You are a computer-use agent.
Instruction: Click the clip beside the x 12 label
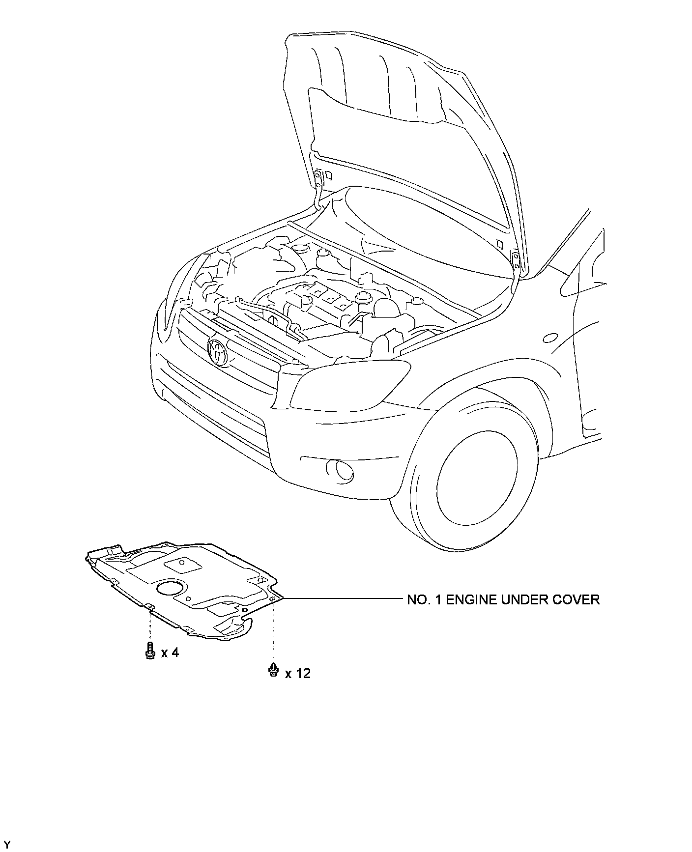point(274,670)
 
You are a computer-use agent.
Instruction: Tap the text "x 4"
point(170,653)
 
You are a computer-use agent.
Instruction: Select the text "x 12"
point(298,673)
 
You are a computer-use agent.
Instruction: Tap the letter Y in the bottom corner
point(7,845)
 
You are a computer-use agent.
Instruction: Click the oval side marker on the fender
point(550,338)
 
